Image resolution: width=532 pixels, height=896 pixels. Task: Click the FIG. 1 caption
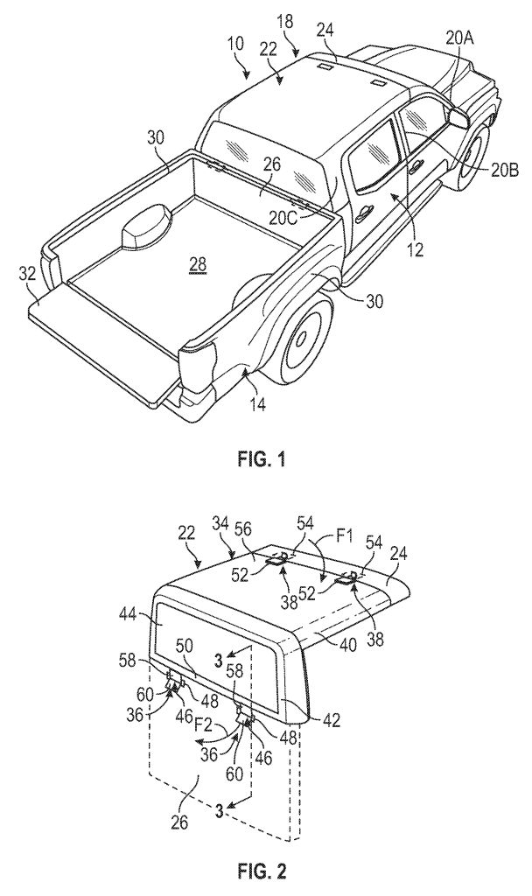(x=261, y=460)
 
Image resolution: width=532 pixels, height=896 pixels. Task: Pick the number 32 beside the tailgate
(x=27, y=273)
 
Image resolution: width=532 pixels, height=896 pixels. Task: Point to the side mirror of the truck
(x=458, y=118)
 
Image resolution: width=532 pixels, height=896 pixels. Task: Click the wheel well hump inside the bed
(x=146, y=227)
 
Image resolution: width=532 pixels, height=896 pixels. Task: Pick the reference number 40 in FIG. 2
(x=348, y=645)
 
